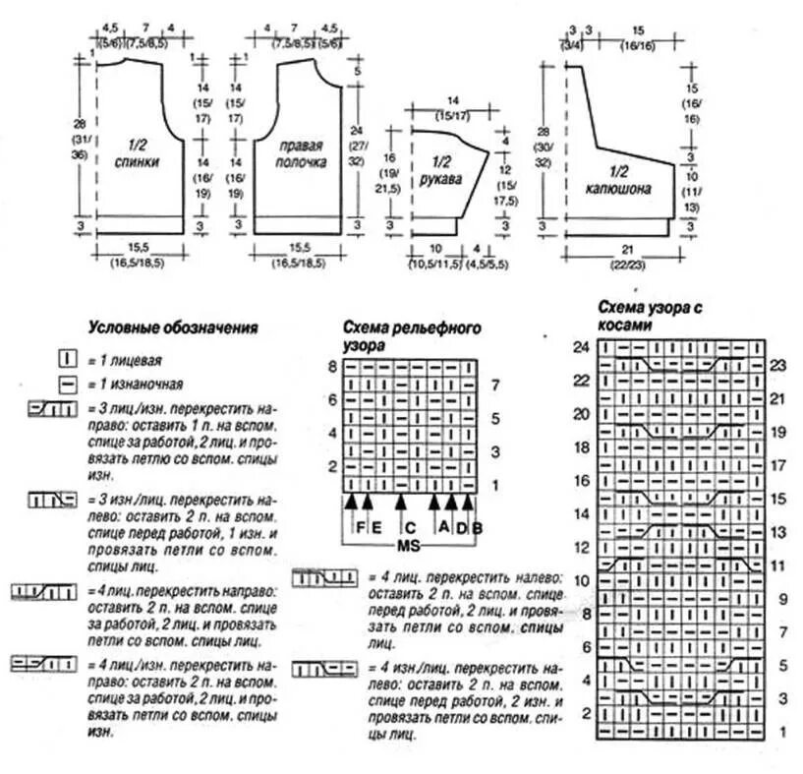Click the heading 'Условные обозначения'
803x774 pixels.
173,328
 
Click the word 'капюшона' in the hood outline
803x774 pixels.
618,187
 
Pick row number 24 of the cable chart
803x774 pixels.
581,346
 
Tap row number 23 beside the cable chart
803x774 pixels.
779,364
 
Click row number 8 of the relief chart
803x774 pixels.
332,367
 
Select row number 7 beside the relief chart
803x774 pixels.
495,384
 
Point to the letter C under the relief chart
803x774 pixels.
411,528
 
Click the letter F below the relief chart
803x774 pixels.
361,528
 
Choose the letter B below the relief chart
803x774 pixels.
477,528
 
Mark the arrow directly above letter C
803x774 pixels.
401,505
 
